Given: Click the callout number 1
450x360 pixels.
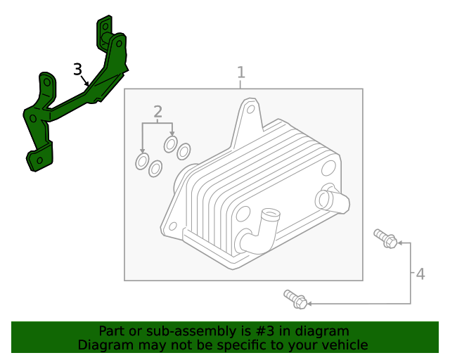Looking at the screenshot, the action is tap(241, 72).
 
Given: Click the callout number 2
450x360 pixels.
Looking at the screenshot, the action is tap(157, 111).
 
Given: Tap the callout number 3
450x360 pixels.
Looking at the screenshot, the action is tap(77, 69).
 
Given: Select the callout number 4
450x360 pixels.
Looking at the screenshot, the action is tap(420, 274).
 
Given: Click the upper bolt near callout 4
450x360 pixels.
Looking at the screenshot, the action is tap(385, 238).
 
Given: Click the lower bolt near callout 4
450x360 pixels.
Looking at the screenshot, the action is tap(295, 299).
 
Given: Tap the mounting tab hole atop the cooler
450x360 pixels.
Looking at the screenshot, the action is tap(249, 110).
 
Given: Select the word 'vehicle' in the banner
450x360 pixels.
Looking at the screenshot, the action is tap(343, 345).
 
